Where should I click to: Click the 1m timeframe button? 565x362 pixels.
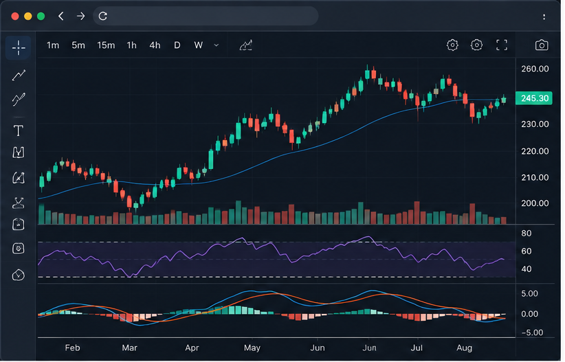coord(53,45)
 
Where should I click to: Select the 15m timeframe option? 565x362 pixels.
coord(106,45)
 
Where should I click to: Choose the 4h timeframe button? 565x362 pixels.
coord(155,45)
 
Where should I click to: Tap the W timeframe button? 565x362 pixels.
coord(199,45)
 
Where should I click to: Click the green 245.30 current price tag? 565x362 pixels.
coord(534,98)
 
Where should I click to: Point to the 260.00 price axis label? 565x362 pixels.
coord(535,69)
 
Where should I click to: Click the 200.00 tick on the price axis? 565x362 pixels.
coord(535,203)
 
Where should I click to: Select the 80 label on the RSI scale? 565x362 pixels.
coord(526,234)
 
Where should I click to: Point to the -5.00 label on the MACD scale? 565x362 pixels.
coord(532,332)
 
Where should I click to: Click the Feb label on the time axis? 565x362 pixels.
coord(72,348)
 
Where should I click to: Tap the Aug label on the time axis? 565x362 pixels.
coord(464,348)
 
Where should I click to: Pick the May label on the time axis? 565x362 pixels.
coord(252,348)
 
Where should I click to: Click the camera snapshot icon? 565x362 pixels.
coord(542,45)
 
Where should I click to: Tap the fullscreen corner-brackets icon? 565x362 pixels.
coord(502,45)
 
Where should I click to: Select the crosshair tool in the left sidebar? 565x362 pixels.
coord(19,47)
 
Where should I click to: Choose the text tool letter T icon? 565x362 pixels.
coord(19,131)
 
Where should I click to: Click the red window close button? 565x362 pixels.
coord(15,16)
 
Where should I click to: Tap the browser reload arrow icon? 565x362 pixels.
coord(102,16)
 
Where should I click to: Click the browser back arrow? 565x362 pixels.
coord(61,16)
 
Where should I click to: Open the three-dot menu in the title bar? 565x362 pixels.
coord(544,16)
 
